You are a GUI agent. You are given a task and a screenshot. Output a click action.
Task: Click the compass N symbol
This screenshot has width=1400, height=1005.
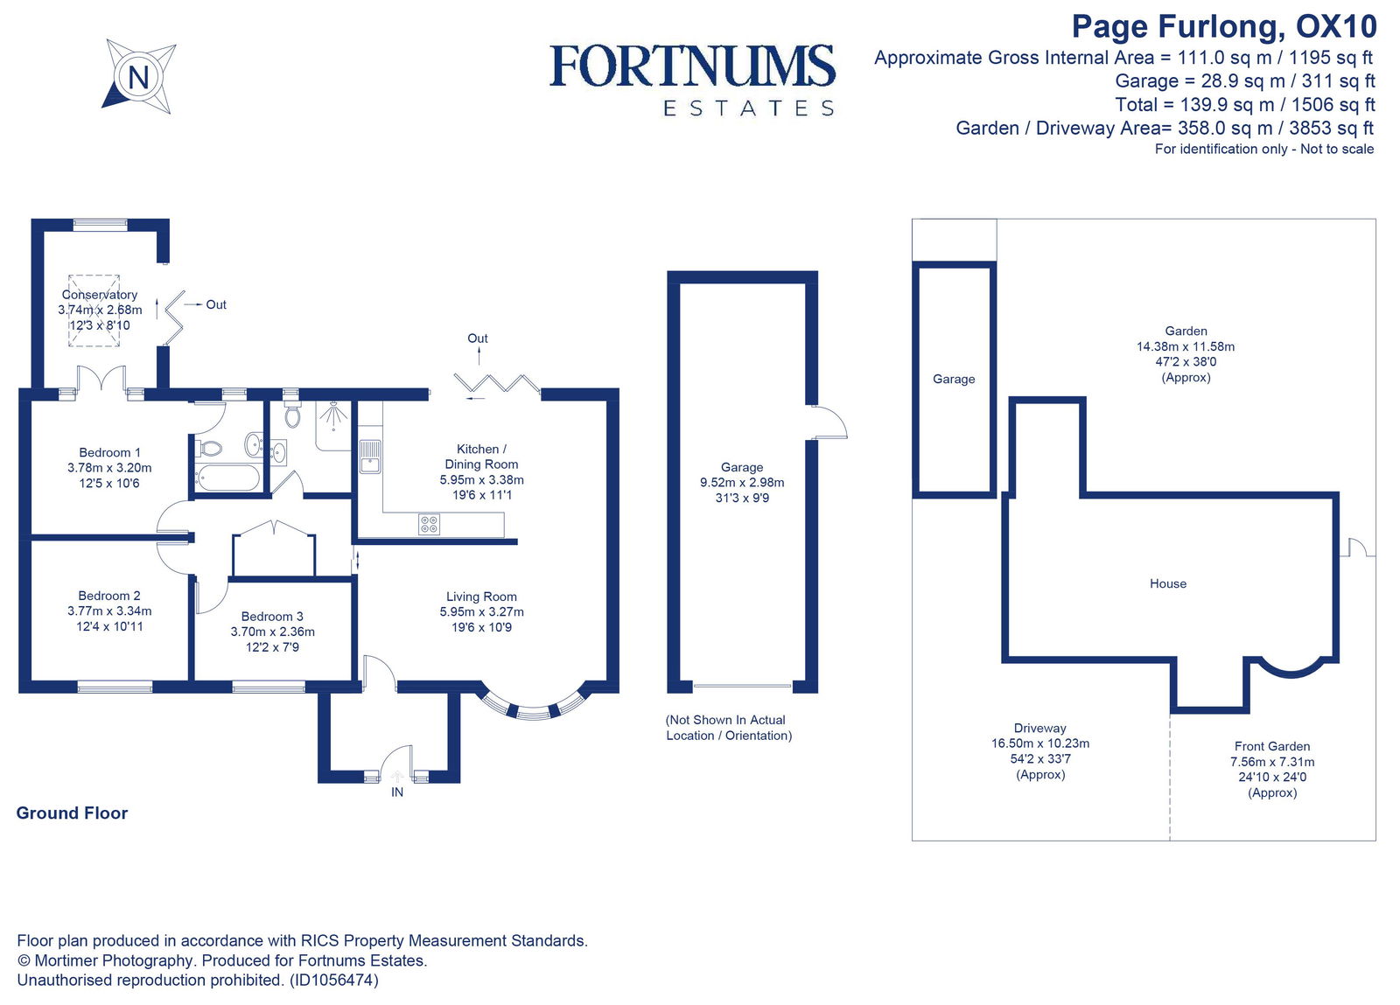(x=138, y=77)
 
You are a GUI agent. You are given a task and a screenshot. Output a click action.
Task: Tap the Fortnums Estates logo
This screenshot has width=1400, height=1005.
(x=692, y=79)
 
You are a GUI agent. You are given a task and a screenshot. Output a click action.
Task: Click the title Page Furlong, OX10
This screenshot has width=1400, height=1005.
(x=1223, y=26)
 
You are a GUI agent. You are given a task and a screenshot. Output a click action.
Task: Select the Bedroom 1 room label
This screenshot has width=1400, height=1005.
(x=109, y=452)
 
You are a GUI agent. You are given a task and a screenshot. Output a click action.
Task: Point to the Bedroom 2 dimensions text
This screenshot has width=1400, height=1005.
(x=109, y=618)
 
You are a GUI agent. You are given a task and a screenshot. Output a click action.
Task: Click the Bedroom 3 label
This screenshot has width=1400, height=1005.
(x=272, y=616)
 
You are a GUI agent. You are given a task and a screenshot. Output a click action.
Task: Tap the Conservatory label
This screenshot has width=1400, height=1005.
(x=99, y=295)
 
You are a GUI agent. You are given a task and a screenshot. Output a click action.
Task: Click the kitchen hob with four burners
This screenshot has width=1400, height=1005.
(x=429, y=524)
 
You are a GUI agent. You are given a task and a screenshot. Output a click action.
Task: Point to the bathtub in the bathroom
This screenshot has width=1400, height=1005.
(x=228, y=478)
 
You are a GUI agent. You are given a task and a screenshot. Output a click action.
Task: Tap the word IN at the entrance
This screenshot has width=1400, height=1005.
(x=397, y=792)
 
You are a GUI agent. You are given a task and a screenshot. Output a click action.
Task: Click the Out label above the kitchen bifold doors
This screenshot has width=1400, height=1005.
(x=478, y=338)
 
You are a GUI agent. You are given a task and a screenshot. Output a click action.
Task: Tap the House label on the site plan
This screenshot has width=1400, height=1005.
(x=1168, y=583)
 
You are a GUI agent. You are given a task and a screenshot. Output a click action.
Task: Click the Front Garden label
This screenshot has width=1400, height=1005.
(x=1272, y=746)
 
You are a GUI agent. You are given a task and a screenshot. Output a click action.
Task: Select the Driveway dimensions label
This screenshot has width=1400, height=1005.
(x=1040, y=751)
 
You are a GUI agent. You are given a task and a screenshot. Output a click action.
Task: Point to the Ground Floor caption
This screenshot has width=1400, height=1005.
(x=72, y=813)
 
